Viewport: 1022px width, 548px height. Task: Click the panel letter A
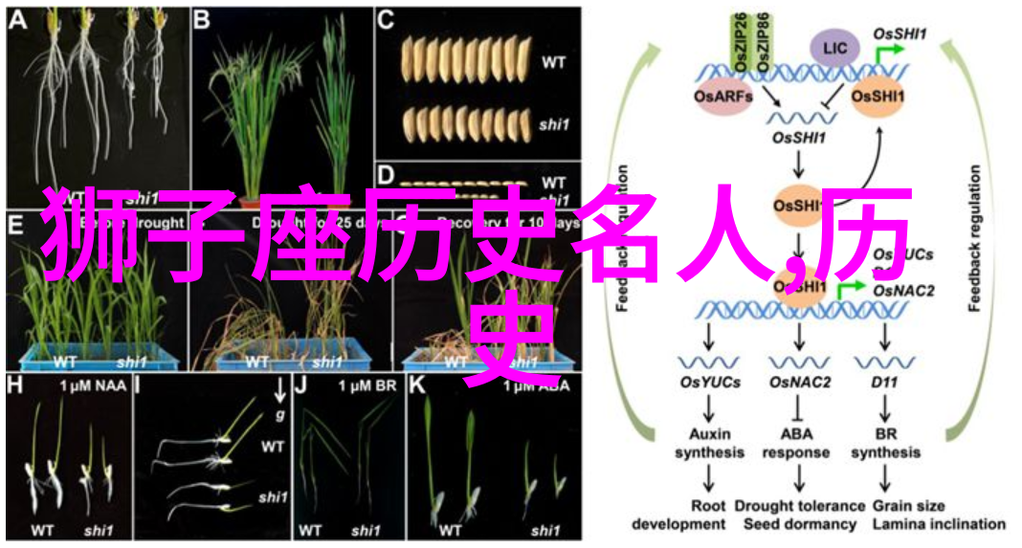(x=17, y=19)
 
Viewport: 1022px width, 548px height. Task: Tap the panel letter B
(x=201, y=19)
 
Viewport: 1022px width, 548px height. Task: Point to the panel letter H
(x=14, y=385)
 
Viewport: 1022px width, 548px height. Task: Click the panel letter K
(x=417, y=385)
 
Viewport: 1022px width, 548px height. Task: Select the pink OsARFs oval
(x=723, y=96)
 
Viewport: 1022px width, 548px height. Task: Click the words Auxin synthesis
(x=708, y=443)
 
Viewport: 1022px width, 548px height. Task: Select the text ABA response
(x=798, y=443)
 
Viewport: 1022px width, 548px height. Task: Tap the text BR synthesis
(x=884, y=443)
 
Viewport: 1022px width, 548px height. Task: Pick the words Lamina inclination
(x=938, y=524)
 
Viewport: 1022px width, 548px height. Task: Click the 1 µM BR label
(x=360, y=385)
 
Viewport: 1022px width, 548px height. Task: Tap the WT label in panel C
(x=553, y=61)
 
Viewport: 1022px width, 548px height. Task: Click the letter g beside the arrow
(x=279, y=415)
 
